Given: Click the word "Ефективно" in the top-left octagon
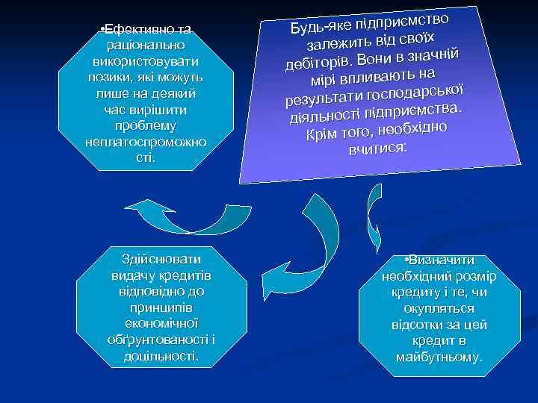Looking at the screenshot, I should (x=132, y=29).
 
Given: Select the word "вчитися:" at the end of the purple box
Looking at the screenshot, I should (x=377, y=148).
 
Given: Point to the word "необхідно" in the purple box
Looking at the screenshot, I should (x=410, y=126).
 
